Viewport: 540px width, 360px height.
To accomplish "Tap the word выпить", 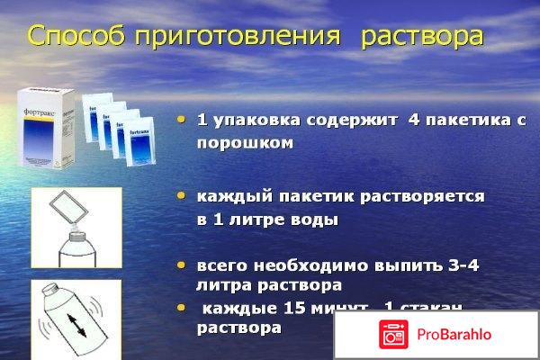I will [398, 266].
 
